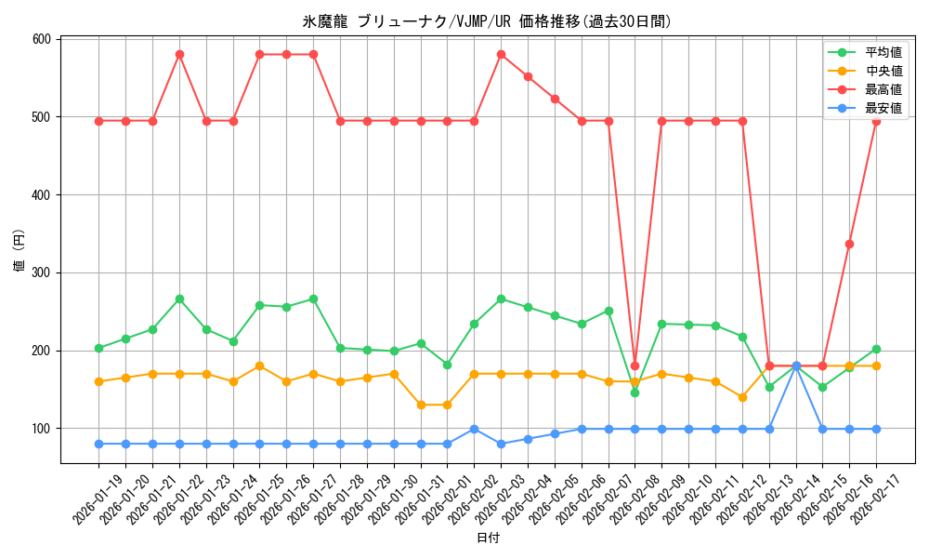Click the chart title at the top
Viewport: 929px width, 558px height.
click(x=487, y=21)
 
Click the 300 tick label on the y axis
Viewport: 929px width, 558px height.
click(x=41, y=272)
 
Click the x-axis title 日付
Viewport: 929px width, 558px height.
click(x=487, y=538)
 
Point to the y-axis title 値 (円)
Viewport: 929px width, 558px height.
click(x=19, y=251)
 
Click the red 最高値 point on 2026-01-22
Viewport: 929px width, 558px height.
click(x=179, y=54)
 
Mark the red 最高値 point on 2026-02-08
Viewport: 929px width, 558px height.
click(x=635, y=365)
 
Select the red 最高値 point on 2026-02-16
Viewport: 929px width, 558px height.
click(x=849, y=244)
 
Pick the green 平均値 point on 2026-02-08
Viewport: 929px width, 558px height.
click(x=635, y=392)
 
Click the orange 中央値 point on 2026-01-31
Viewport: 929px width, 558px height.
click(x=421, y=405)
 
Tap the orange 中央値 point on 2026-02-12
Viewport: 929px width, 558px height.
click(x=742, y=397)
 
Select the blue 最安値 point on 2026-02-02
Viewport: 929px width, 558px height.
click(x=474, y=429)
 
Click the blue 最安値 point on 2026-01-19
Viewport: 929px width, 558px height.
click(x=98, y=444)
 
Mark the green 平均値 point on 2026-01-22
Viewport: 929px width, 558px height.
click(x=179, y=299)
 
